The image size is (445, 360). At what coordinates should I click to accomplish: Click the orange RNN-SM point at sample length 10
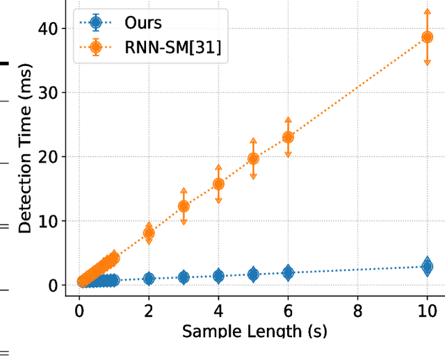click(427, 37)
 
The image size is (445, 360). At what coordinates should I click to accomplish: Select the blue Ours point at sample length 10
click(427, 266)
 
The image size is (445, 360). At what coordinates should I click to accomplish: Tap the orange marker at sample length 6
click(288, 137)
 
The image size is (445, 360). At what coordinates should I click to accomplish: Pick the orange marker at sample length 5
click(253, 158)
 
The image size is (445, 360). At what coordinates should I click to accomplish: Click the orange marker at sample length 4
click(218, 184)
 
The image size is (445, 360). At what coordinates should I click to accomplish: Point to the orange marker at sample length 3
click(184, 206)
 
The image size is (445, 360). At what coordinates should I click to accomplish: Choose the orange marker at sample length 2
click(149, 234)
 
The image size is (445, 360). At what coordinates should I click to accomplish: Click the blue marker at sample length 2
click(149, 278)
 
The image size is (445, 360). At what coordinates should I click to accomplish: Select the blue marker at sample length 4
click(218, 276)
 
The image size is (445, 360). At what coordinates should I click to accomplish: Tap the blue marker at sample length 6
click(288, 273)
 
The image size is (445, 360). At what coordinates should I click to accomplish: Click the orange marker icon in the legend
click(96, 48)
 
